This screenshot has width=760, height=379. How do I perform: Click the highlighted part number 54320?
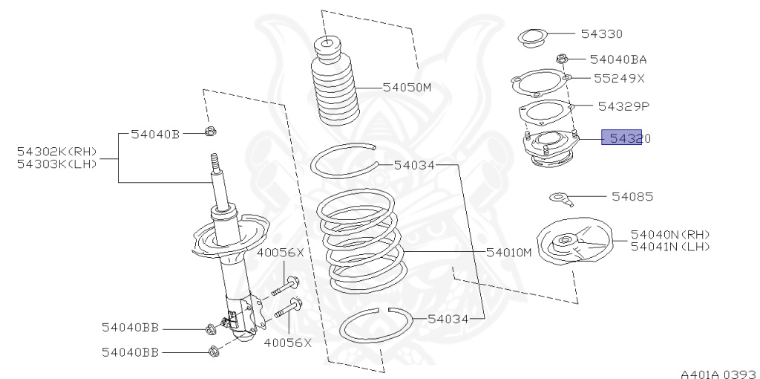[x=621, y=137]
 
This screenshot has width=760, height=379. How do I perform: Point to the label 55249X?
[x=619, y=77]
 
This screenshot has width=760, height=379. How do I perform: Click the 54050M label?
[x=407, y=87]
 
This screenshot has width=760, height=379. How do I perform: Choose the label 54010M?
[x=509, y=252]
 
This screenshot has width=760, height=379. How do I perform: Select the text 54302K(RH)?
[x=57, y=152]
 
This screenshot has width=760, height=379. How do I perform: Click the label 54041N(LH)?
[x=670, y=246]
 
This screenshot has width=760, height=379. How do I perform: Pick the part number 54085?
[x=632, y=197]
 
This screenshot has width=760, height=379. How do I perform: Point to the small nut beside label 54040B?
[x=210, y=133]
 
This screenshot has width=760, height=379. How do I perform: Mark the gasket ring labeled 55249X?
[x=540, y=81]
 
